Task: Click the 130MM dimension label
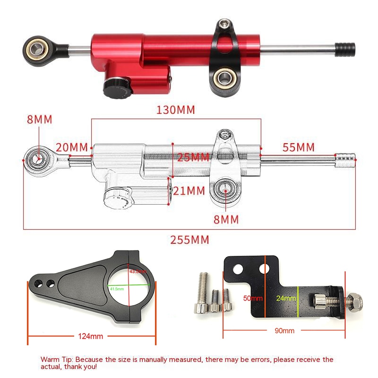pos(175,110)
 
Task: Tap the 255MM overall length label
pos(189,240)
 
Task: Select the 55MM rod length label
pos(298,147)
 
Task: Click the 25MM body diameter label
pos(193,157)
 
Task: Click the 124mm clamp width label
pos(90,336)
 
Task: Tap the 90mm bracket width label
pos(284,331)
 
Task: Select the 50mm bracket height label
pos(253,298)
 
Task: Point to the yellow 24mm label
pos(286,298)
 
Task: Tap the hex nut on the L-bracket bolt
pos(353,299)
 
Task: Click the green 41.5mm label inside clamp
pos(116,288)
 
